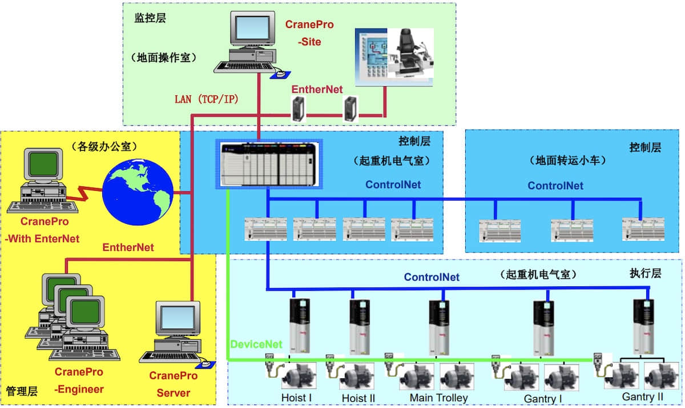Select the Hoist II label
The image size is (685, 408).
coord(358,398)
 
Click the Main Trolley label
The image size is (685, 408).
coord(438,398)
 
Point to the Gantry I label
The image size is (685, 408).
coord(543,398)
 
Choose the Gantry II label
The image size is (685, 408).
coord(643,397)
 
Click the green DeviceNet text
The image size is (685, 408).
coord(256,344)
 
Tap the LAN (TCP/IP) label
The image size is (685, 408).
coord(207,99)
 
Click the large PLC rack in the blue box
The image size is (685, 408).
coord(269,164)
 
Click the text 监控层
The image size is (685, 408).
coord(150,18)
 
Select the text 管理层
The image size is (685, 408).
coord(22,391)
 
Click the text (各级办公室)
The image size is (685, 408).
coord(104,146)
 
